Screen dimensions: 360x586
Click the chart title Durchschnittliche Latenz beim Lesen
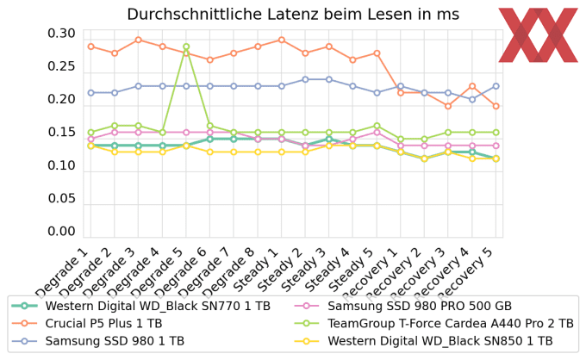[292, 14]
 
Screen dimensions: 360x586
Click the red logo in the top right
[538, 34]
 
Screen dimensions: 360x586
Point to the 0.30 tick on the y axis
[61, 34]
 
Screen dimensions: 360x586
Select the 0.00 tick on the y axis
[61, 232]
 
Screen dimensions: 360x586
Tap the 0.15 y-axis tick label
[61, 133]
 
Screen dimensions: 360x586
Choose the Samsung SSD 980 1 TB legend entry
[115, 341]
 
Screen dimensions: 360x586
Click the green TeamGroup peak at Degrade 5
[186, 47]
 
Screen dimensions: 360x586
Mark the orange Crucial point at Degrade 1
[90, 47]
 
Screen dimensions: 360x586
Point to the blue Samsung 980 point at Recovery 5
[496, 86]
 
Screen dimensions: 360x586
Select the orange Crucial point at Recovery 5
[496, 106]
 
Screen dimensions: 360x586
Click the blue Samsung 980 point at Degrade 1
[90, 93]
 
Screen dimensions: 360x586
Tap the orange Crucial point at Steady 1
[281, 40]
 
